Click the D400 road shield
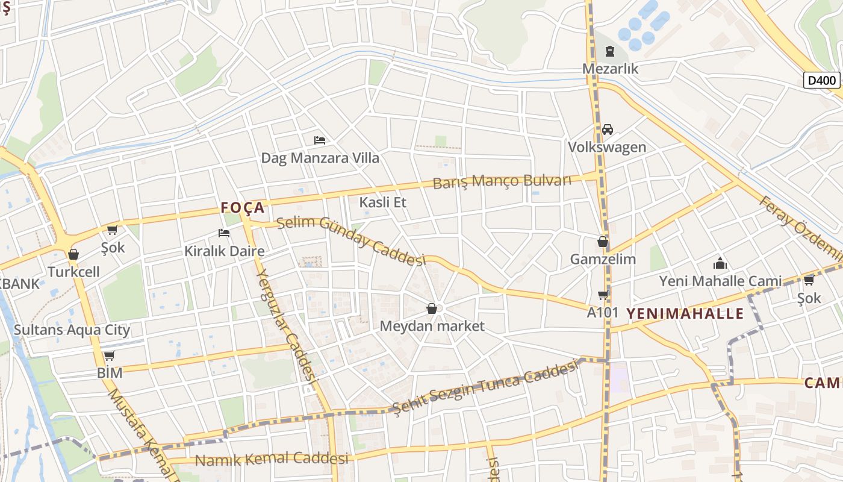pos(821,80)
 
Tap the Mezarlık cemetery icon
pos(610,51)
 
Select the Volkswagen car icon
pos(607,130)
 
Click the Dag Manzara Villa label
pos(320,158)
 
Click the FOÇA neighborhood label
pos(243,208)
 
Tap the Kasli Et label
pos(382,202)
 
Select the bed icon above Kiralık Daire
pos(224,233)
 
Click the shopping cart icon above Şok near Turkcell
pos(112,230)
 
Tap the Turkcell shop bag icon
pos(73,254)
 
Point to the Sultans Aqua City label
pos(72,330)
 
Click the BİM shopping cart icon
pos(109,355)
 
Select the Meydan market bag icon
pos(432,308)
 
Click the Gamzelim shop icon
pos(603,242)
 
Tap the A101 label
pos(603,313)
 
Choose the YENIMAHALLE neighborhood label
pos(685,313)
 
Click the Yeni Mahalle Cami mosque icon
pos(720,263)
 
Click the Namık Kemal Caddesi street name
pos(272,459)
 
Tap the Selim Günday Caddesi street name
pos(351,240)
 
